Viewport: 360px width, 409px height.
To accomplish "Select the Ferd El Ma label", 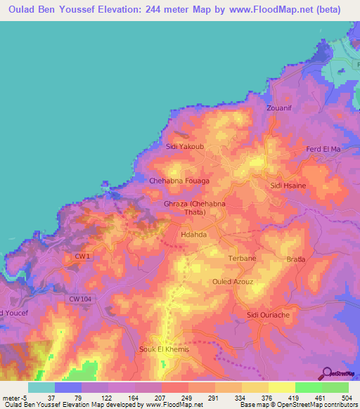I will pos(323,149).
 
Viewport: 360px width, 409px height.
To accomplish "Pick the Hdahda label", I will pos(194,236).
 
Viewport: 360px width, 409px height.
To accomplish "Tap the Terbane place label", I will pos(243,259).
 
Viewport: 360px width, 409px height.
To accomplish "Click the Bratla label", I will pos(297,259).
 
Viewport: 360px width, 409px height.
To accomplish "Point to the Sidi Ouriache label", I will pos(268,315).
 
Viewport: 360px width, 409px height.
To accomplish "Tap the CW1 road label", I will pos(82,257).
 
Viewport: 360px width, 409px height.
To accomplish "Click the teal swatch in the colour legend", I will pos(41,387).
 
